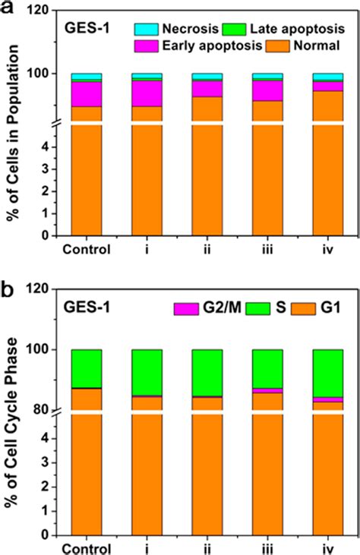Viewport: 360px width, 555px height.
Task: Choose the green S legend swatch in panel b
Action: click(262, 309)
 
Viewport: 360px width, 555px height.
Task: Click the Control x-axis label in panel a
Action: click(87, 249)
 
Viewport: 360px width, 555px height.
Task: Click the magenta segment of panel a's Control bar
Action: click(87, 93)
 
